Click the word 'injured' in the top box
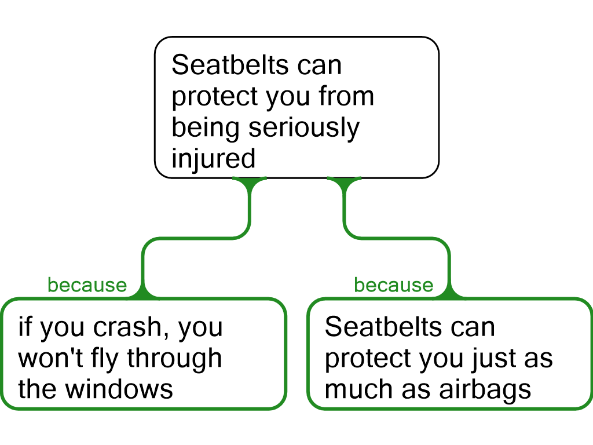click(x=214, y=159)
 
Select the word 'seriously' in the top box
click(x=304, y=128)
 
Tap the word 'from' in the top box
click(x=346, y=96)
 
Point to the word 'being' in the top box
click(x=206, y=128)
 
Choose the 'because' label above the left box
click(x=87, y=285)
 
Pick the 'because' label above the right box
click(x=394, y=285)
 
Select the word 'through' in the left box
click(x=174, y=359)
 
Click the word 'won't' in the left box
click(x=50, y=358)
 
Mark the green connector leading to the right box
click(x=397, y=238)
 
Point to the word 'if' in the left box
click(x=24, y=326)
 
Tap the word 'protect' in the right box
click(x=368, y=359)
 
